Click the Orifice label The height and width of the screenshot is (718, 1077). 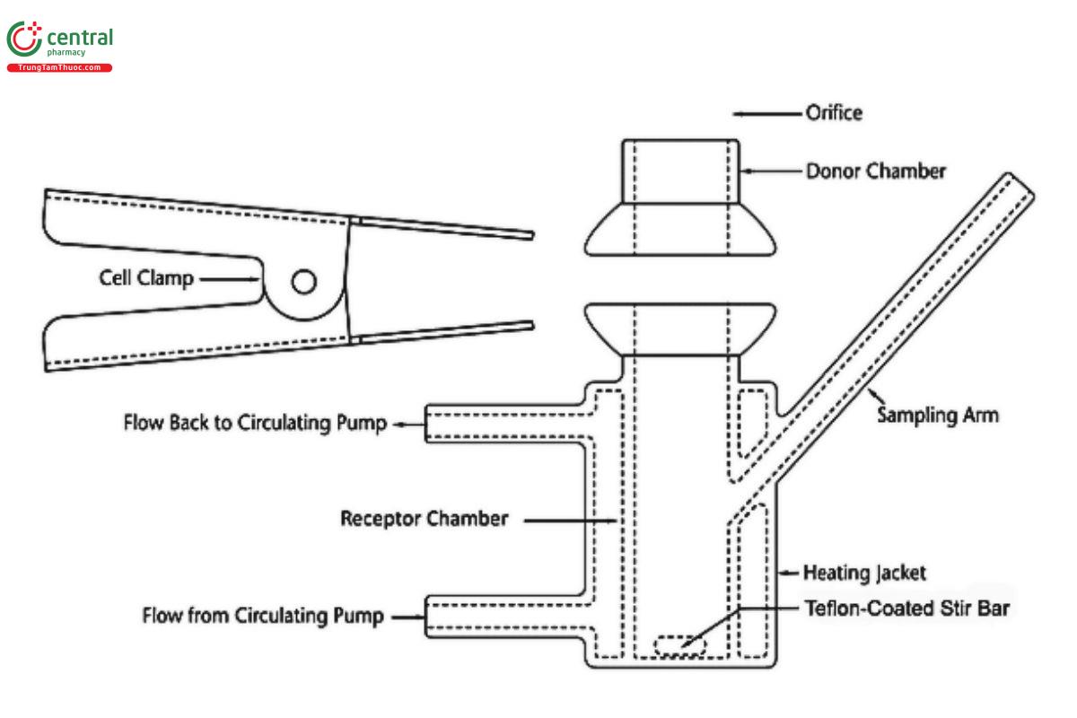[835, 114]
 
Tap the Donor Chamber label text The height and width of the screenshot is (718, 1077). [875, 171]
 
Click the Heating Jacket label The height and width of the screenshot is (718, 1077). [864, 572]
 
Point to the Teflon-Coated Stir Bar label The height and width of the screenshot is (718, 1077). [906, 609]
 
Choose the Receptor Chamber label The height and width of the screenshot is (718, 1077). [425, 519]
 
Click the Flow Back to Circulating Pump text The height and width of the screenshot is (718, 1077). [255, 424]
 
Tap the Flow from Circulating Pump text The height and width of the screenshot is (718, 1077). [264, 616]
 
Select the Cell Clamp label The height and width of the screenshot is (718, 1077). [145, 279]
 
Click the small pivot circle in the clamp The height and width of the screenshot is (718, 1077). [303, 283]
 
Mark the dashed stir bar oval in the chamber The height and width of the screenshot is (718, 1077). [679, 644]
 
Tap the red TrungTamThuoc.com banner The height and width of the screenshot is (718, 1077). [59, 67]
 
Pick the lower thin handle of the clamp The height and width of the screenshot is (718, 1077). [443, 332]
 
